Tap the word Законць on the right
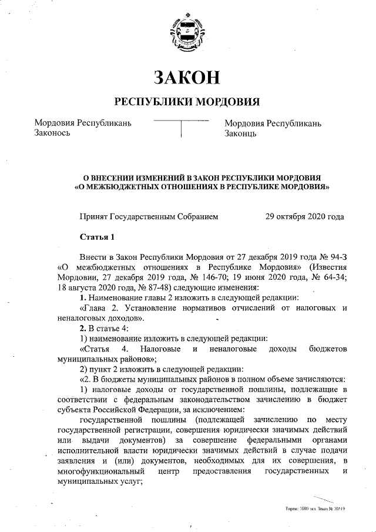(241, 133)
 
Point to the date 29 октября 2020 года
(304, 216)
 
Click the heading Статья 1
(97, 237)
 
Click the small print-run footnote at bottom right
(314, 507)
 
